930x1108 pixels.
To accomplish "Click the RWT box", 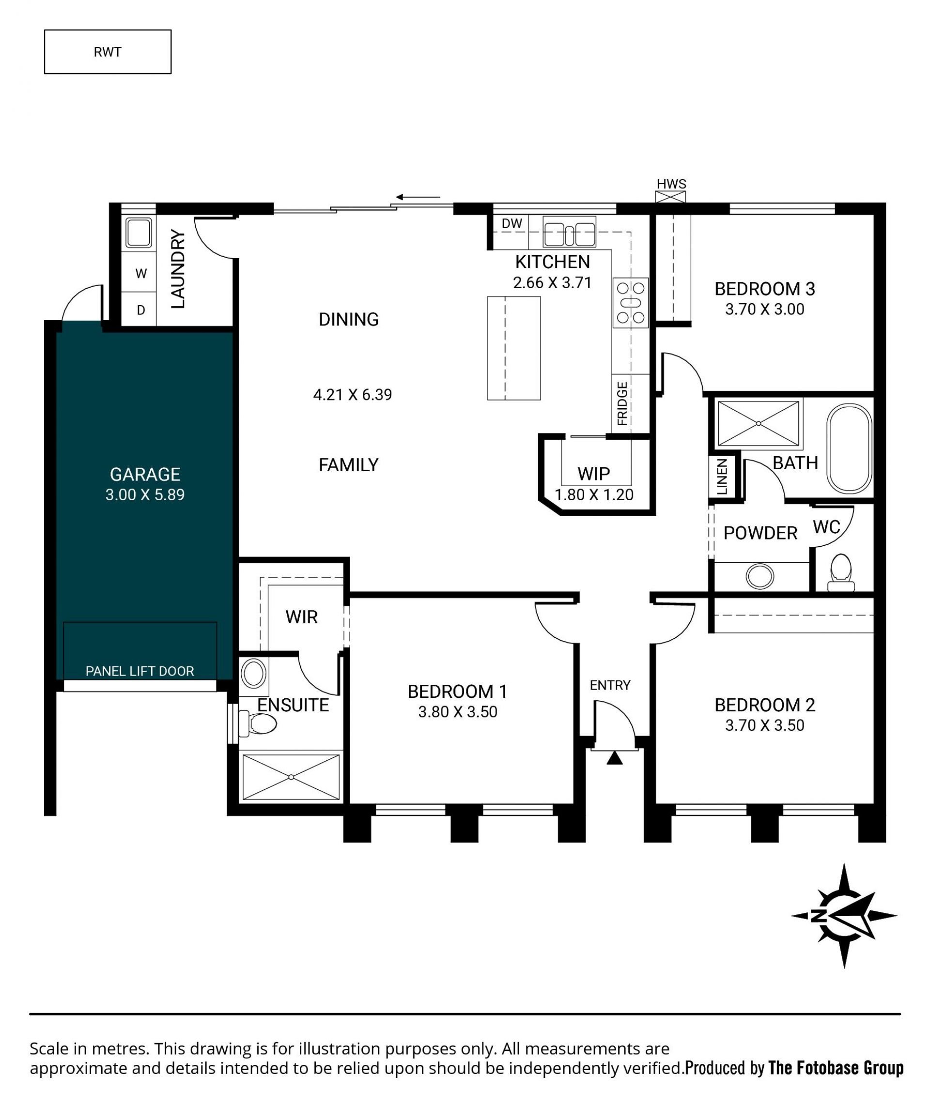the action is (108, 52).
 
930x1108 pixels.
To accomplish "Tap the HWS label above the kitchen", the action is (671, 184).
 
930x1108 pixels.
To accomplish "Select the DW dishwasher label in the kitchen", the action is (511, 223).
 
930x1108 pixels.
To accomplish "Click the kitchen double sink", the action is (569, 232).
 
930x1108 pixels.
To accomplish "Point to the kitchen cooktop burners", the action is (631, 302).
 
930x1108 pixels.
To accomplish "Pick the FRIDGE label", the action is (622, 403).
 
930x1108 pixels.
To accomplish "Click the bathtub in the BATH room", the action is (849, 449).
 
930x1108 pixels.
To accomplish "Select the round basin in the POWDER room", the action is (760, 576).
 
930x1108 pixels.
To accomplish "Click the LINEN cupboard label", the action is (722, 477).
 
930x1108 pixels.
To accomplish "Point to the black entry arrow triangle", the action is (614, 758).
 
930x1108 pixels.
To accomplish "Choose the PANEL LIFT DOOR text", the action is (140, 671).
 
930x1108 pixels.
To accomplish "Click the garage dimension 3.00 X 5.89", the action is (145, 495).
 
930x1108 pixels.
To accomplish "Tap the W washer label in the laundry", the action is (141, 273).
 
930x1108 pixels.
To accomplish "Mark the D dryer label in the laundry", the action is (141, 310).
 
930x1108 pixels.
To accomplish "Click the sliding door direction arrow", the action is (418, 197).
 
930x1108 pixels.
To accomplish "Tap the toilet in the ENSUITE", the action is (258, 723).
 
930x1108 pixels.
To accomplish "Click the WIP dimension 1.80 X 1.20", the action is (594, 495).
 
